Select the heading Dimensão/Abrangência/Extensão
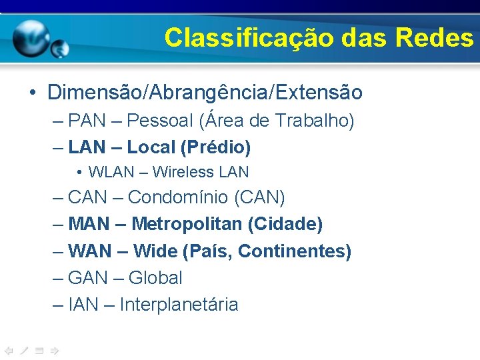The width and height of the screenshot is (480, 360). click(205, 92)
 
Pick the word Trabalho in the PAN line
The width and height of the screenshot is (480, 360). click(313, 121)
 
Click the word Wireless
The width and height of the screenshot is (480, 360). click(179, 172)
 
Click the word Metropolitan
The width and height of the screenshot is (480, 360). click(187, 224)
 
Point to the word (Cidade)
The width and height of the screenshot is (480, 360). click(285, 224)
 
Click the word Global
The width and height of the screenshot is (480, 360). click(155, 278)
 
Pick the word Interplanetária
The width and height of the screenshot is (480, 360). click(179, 305)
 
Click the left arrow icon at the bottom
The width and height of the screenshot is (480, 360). click(9, 350)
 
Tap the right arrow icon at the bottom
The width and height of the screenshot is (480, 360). click(55, 350)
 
